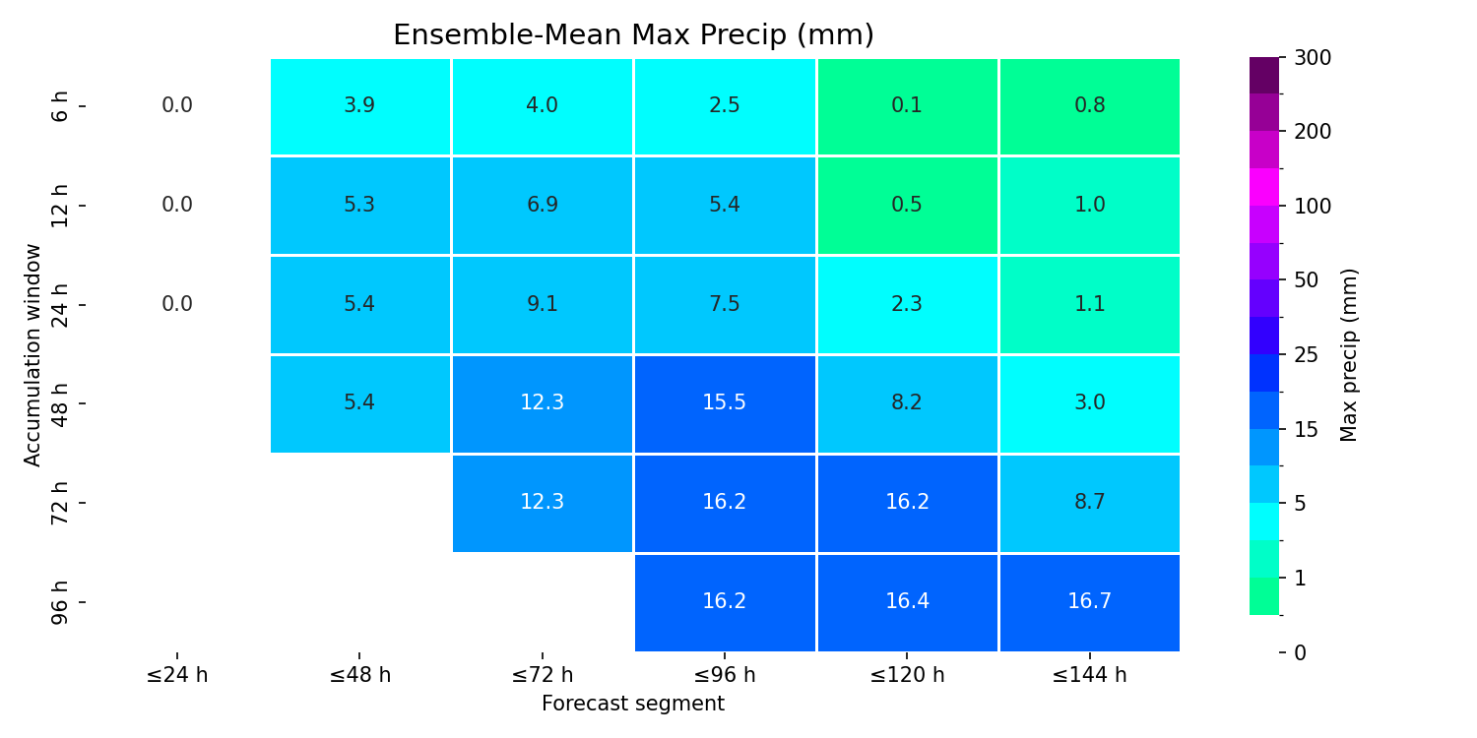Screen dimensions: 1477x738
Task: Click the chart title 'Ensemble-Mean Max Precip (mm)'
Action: [633, 34]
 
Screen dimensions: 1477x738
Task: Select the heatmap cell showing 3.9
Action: [360, 106]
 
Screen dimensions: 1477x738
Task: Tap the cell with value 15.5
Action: [725, 403]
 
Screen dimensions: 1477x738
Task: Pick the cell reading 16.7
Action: [1089, 602]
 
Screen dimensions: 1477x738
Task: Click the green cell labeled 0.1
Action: [907, 106]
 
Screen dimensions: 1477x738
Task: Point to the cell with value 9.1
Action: [542, 305]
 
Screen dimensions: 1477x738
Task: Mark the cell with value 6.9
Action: [542, 206]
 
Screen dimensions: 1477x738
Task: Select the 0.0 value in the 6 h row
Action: [177, 105]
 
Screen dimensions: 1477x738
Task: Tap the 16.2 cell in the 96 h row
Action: [725, 602]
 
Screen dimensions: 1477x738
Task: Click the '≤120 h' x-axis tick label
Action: [907, 675]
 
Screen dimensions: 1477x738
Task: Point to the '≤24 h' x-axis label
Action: [177, 675]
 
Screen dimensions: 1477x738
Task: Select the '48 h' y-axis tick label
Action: [59, 403]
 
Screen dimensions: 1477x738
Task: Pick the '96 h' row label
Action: [59, 602]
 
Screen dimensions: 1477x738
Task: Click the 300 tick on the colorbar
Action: [1313, 58]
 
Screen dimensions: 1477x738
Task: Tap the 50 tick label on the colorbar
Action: [1307, 280]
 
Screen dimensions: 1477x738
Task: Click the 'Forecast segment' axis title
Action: [633, 704]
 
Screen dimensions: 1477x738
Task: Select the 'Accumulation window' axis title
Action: [32, 355]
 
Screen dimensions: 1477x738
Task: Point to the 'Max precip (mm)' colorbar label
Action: [1349, 355]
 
